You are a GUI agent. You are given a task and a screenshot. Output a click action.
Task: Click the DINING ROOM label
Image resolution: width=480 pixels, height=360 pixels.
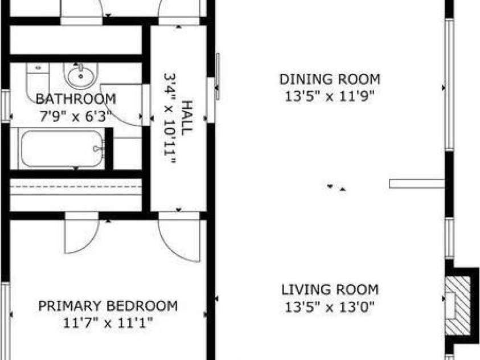tap(330, 79)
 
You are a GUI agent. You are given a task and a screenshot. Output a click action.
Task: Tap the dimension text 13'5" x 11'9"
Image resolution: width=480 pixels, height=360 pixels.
tap(330, 96)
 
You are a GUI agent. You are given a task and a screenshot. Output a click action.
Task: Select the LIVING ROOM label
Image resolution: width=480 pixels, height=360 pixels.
tap(330, 289)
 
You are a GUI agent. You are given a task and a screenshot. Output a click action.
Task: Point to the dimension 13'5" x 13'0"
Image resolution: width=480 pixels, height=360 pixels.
tap(330, 307)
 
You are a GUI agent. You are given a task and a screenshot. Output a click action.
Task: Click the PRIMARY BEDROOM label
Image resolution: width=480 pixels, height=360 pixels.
tap(108, 306)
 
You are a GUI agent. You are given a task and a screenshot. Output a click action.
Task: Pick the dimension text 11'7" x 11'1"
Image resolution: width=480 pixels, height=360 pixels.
tap(108, 324)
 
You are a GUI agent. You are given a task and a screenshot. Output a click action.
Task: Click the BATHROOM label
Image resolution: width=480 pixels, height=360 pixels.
tap(75, 99)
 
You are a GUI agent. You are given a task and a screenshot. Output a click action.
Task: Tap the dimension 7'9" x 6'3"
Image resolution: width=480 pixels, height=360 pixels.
tap(75, 115)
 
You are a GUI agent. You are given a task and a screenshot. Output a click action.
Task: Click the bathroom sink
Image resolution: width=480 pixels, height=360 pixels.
tap(80, 74)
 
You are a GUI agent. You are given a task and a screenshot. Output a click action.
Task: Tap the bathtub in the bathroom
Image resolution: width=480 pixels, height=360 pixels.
tap(61, 149)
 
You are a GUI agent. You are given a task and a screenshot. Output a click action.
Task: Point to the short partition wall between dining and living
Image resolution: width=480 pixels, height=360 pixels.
tap(416, 183)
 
